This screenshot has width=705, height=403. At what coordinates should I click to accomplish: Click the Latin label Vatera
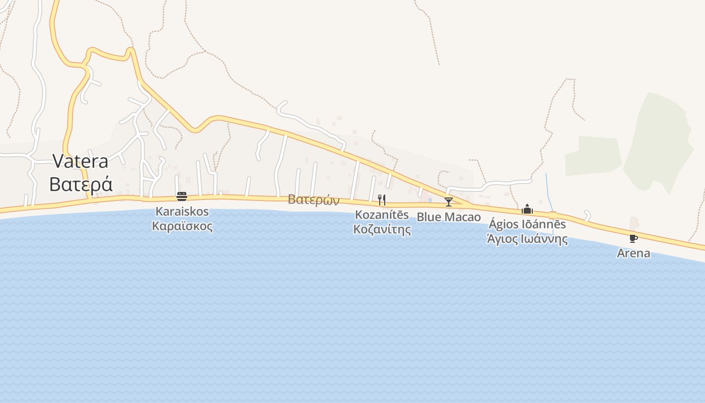coord(81,161)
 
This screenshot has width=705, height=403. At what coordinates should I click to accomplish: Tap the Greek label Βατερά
coord(81,184)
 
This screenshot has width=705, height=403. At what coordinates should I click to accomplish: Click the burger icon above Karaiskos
coord(182,196)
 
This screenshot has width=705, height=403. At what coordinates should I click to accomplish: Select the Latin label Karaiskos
coord(182,212)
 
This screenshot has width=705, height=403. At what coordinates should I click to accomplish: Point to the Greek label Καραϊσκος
coord(182,226)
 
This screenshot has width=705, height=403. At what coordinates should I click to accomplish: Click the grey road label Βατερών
coord(314,200)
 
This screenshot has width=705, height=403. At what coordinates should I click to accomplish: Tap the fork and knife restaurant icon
coord(382,200)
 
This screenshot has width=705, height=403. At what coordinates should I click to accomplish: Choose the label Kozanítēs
coord(382,215)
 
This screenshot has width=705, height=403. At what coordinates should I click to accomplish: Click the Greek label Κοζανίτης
coord(382,230)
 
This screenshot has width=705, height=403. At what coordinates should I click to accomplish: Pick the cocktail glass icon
coord(449,202)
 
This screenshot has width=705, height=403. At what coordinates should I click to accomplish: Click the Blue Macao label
coord(449,218)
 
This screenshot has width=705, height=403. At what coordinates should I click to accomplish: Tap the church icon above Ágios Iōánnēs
coord(527,209)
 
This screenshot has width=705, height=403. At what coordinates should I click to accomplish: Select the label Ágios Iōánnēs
coord(527,225)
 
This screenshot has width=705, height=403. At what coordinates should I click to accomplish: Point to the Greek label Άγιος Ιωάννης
coord(527,239)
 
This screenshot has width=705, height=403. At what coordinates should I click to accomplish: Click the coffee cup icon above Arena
coord(633,238)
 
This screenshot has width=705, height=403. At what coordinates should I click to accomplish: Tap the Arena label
coord(633,253)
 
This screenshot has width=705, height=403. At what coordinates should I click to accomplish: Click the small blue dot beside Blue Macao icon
coord(430,200)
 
